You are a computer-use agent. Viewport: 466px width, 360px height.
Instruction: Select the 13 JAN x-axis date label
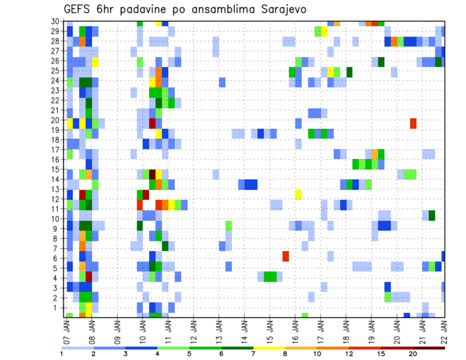[x=218, y=330]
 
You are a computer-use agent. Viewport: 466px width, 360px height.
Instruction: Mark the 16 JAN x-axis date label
[x=295, y=330]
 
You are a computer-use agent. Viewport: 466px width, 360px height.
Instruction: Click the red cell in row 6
[x=285, y=256]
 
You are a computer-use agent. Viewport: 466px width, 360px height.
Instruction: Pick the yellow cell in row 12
[x=298, y=195]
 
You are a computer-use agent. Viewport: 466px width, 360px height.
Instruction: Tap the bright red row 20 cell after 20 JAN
[x=413, y=123]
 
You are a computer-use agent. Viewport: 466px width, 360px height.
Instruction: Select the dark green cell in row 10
[x=432, y=215]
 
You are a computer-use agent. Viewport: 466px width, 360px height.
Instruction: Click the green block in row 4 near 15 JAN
[x=270, y=277]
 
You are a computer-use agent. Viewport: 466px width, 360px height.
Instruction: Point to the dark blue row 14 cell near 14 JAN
[x=251, y=184]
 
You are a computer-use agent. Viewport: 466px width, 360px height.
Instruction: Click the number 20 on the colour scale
[x=413, y=354]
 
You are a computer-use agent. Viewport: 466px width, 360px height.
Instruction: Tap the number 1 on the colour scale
[x=62, y=354]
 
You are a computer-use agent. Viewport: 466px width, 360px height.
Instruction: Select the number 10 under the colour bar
[x=317, y=354]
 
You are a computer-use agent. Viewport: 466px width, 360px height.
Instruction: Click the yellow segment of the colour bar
[x=269, y=347]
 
